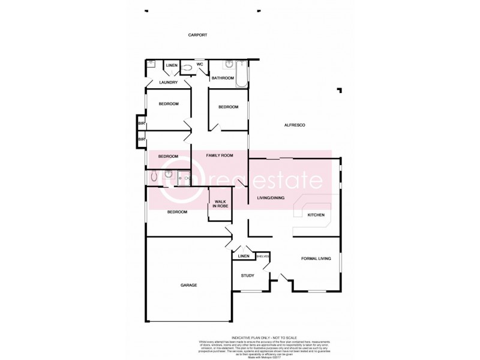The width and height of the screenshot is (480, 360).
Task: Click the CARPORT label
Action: point(197,35)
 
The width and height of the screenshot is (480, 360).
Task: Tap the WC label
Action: point(200,65)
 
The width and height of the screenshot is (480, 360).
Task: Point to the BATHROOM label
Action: point(221,78)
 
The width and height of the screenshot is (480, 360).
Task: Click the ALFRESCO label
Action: point(295,125)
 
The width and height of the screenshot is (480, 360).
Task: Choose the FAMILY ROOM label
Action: point(219,155)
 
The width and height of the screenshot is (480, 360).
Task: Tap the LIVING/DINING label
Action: point(271,197)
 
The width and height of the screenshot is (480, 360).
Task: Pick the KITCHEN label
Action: point(316,215)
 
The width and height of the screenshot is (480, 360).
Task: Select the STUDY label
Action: point(247,276)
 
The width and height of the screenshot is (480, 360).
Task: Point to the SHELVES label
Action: point(262,256)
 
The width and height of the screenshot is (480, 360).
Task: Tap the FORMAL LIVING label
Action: point(316,259)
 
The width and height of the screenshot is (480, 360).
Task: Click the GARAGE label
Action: point(188,285)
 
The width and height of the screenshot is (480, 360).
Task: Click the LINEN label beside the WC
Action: point(172,65)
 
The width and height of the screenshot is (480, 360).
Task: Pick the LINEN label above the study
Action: point(243,256)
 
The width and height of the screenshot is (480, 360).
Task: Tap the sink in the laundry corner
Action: point(150,64)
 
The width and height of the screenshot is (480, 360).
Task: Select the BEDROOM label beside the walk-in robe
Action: point(177,212)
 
